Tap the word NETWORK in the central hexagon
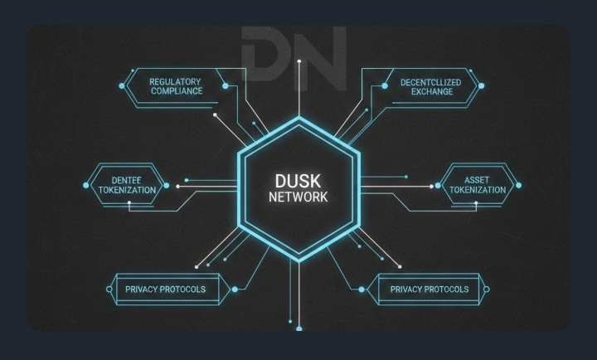pyautogui.click(x=298, y=198)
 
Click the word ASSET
pyautogui.click(x=477, y=179)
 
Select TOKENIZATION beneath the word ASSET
pyautogui.click(x=477, y=189)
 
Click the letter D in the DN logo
pyautogui.click(x=265, y=51)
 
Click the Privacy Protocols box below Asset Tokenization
pyautogui.click(x=425, y=289)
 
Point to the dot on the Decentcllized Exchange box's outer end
pyautogui.click(x=481, y=85)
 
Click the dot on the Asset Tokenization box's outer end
pyautogui.click(x=519, y=184)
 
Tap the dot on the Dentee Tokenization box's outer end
pyautogui.click(x=85, y=185)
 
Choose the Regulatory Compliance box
pyautogui.click(x=176, y=85)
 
